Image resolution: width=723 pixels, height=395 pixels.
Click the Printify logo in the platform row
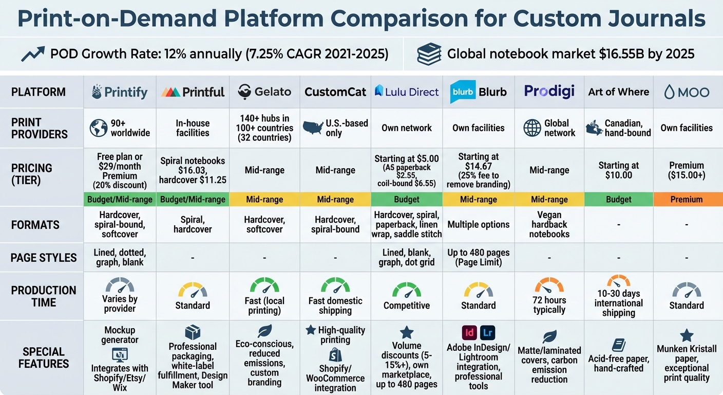pos(119,92)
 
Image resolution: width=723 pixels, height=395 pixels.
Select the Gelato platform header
pos(264,92)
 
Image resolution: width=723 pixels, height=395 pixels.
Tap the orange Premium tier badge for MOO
pos(686,199)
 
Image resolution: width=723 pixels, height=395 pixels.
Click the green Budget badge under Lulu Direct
pos(406,199)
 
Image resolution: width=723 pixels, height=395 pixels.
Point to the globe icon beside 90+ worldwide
pos(99,128)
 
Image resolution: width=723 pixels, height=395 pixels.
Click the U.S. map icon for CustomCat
pos(313,127)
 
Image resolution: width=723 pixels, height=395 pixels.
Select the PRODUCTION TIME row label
pos(44,296)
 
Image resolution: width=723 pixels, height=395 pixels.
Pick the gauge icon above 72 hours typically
pos(549,286)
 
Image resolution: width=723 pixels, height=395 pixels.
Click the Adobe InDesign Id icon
pos(469,332)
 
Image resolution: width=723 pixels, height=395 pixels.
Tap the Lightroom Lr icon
pos(487,332)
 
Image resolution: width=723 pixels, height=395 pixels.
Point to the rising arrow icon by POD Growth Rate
pos(33,53)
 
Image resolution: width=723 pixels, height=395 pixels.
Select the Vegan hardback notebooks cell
pos(549,225)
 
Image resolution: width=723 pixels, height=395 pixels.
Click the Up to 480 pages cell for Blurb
pos(478,257)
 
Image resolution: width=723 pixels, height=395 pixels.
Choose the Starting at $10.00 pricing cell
pos(618,170)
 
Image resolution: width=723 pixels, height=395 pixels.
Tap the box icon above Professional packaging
pos(193,332)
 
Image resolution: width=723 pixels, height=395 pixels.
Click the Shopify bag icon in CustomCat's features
pos(335,354)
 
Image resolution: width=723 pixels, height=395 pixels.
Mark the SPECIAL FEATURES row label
pos(44,357)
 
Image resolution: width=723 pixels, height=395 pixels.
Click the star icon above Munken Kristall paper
pos(687,336)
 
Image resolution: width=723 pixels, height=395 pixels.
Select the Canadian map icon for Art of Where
pos(595,127)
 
